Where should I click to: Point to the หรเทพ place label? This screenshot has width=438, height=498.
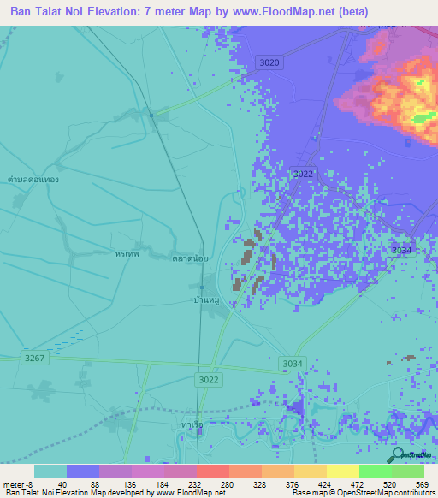coord(127,254)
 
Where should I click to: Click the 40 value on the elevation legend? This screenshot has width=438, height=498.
coord(62,483)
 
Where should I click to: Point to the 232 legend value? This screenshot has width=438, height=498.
coord(194,483)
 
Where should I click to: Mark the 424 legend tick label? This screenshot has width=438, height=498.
coord(326,483)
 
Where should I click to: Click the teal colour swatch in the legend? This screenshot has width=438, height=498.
coord(50,471)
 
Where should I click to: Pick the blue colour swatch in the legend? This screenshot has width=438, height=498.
coord(83,471)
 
